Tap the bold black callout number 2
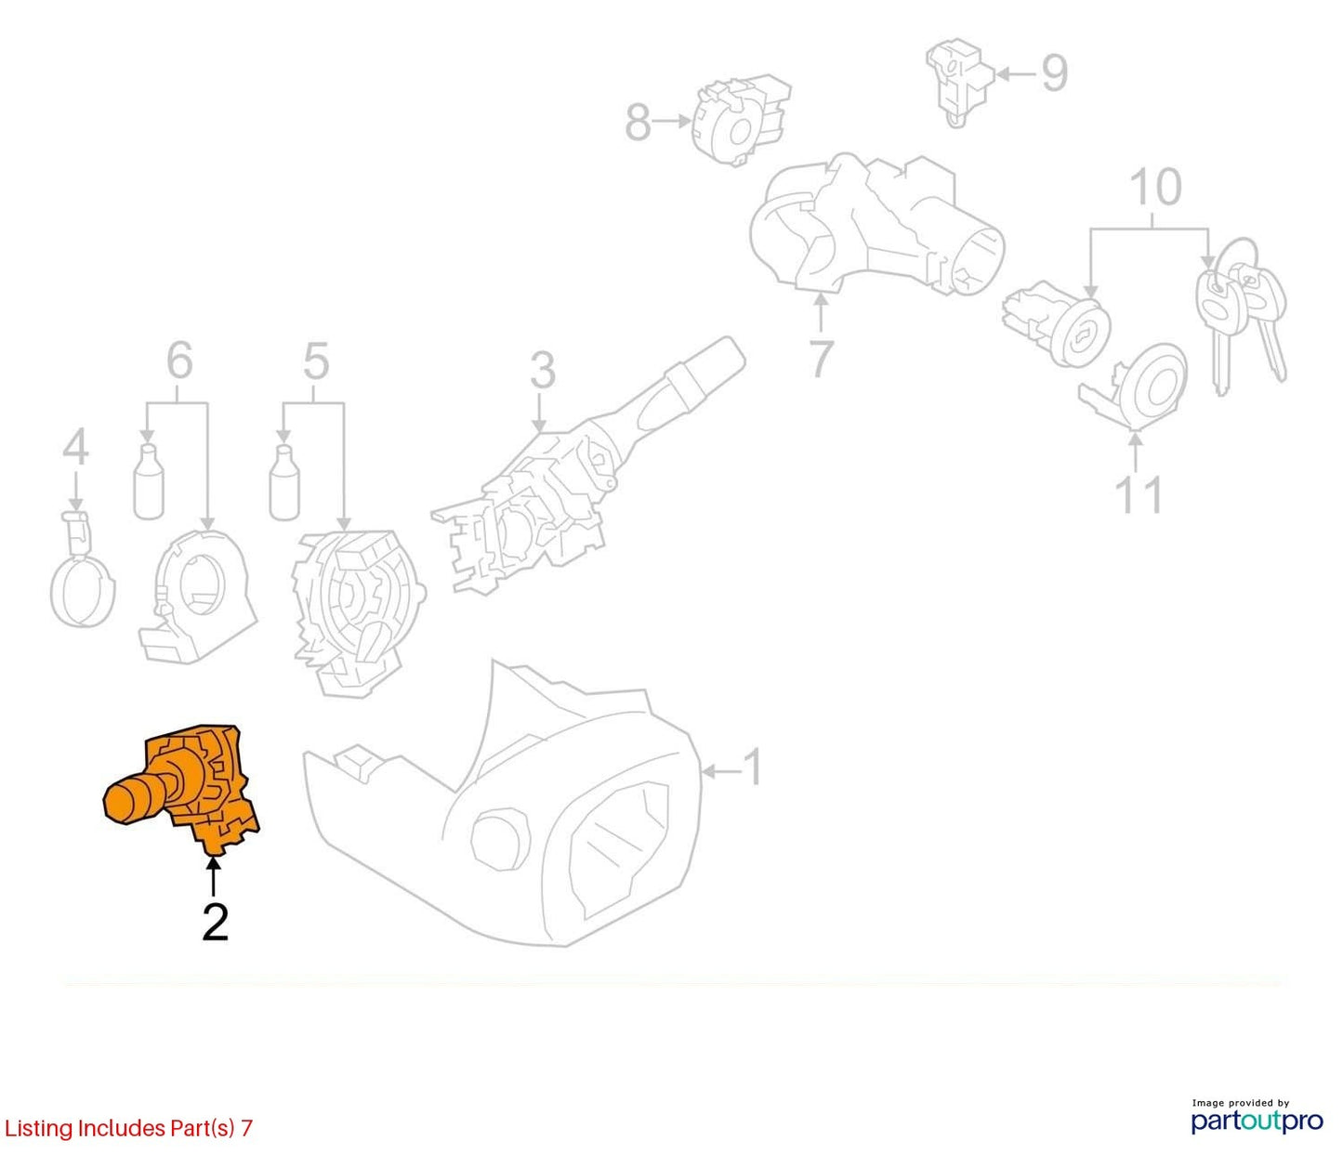(x=215, y=922)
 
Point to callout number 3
(x=543, y=371)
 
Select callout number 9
(x=1055, y=72)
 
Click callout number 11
(x=1139, y=495)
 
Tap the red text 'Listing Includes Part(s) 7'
(x=128, y=1127)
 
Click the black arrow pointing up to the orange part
(x=214, y=878)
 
